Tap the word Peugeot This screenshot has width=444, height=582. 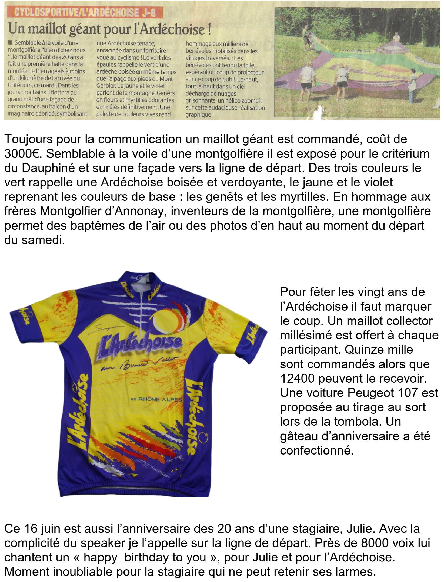point(372,393)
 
